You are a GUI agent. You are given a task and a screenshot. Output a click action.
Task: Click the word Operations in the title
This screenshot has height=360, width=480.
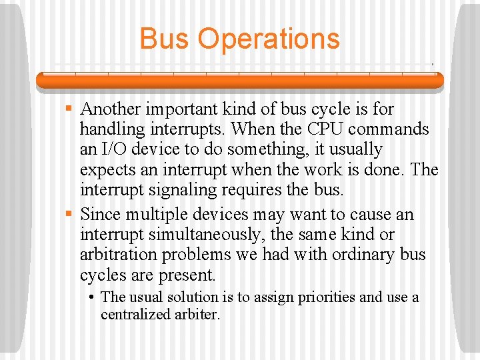[269, 39]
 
